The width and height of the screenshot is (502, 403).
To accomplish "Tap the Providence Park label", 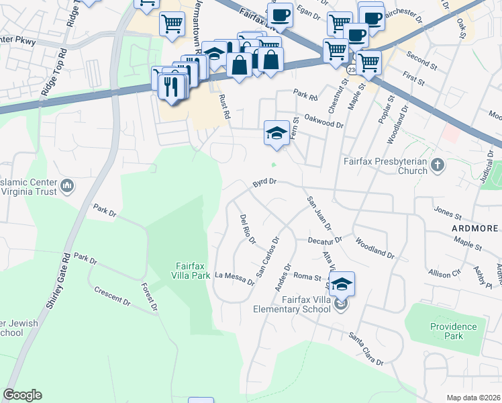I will pos(454,332).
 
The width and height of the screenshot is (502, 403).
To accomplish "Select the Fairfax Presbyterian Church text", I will pos(385,166).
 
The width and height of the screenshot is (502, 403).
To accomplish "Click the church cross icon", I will pos(437,164).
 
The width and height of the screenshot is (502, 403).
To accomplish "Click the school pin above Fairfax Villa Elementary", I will pos(342,283).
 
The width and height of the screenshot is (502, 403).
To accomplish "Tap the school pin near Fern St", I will pos(276,132).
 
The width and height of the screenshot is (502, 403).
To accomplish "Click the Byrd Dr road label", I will pos(265,182).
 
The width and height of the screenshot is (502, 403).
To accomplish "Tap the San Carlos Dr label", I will pos(268,257).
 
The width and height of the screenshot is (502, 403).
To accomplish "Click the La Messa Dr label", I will pos(235,278).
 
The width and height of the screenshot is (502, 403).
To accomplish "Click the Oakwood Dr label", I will pos(323,120).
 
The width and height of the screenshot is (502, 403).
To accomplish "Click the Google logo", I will pos(22,395).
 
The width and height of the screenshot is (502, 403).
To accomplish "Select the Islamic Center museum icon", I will pos(67,185).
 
